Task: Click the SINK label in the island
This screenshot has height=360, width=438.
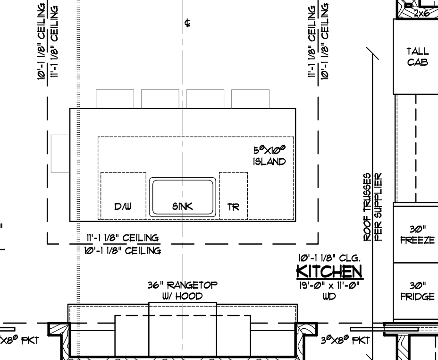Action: [x=182, y=206]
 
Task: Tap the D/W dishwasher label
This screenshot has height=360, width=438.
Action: [x=123, y=206]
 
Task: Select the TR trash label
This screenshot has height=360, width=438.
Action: [x=233, y=207]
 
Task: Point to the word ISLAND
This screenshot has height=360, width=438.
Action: [x=270, y=162]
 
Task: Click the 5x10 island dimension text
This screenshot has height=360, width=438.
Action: [x=270, y=150]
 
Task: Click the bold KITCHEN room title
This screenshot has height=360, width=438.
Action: [x=329, y=271]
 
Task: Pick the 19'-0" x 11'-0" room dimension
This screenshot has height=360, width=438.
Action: [x=329, y=286]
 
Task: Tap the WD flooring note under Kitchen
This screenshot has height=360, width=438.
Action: [x=329, y=296]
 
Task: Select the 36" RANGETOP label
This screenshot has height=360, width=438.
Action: [x=182, y=285]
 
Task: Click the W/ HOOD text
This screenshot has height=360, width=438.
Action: [x=182, y=296]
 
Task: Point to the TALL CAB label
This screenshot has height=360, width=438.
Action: [x=417, y=57]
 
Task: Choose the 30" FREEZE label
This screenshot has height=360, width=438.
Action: [x=417, y=235]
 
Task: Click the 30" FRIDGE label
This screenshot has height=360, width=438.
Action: [x=417, y=291]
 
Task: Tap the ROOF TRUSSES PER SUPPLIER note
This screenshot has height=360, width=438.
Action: [x=372, y=207]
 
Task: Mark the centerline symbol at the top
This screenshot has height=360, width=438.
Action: [x=187, y=23]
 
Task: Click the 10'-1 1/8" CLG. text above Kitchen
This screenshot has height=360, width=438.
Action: [x=329, y=257]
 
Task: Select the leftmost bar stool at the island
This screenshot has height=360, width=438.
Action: [x=115, y=99]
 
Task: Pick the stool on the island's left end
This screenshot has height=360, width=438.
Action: [x=60, y=154]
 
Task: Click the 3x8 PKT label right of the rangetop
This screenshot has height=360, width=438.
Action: [x=345, y=340]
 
